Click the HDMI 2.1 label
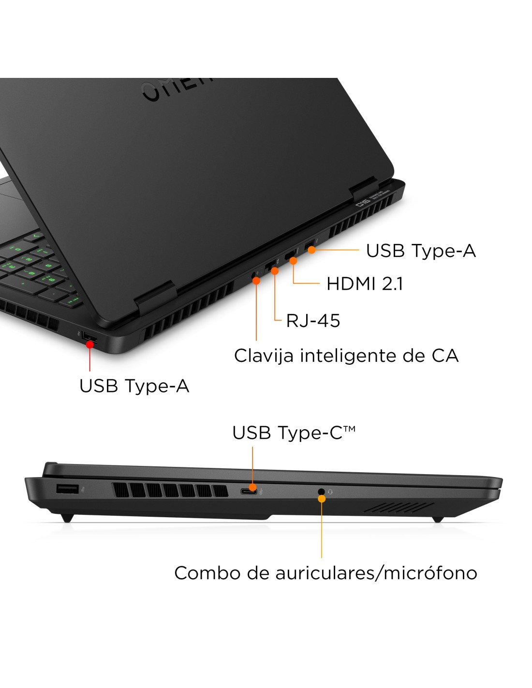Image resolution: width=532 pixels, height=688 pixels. tap(364, 284)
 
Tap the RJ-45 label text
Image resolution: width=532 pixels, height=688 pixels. tap(313, 320)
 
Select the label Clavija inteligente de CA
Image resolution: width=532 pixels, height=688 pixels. tap(346, 356)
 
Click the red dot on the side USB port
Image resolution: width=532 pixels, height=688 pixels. tap(90, 344)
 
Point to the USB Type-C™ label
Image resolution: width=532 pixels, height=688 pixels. tap(294, 433)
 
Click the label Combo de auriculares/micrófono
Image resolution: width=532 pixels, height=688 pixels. tap(325, 573)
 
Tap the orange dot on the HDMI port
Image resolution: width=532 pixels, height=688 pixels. tap(294, 261)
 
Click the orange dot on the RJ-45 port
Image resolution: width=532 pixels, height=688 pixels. tap(275, 271)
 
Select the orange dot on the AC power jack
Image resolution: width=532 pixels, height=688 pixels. tap(256, 281)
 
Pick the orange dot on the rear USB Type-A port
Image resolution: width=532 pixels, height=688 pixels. tap(312, 250)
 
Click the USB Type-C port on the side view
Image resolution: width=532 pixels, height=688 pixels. tap(249, 492)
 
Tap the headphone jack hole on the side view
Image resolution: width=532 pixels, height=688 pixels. tap(321, 492)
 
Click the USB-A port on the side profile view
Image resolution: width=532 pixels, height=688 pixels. tap(67, 489)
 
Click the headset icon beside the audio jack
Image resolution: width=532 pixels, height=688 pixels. tap(330, 492)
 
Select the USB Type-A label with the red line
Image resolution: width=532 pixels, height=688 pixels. tap(134, 386)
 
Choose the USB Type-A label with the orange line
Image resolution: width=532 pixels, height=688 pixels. tap(421, 251)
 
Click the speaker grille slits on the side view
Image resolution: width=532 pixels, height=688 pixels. tap(399, 507)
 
